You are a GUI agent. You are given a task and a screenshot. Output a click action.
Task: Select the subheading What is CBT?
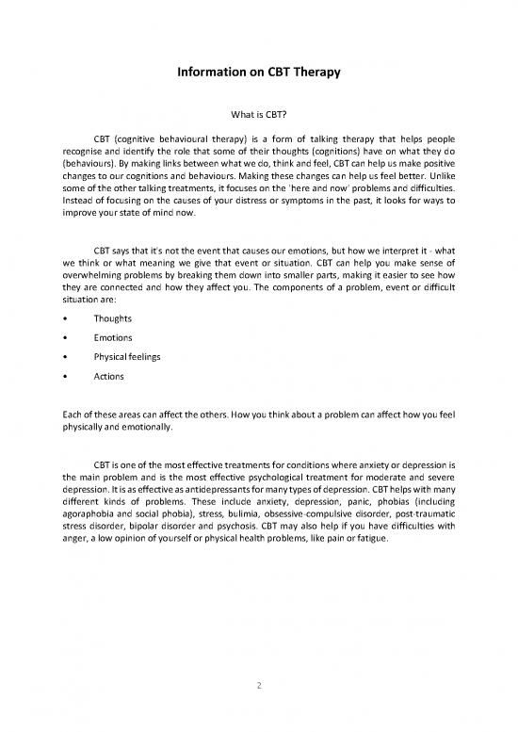(259, 119)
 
